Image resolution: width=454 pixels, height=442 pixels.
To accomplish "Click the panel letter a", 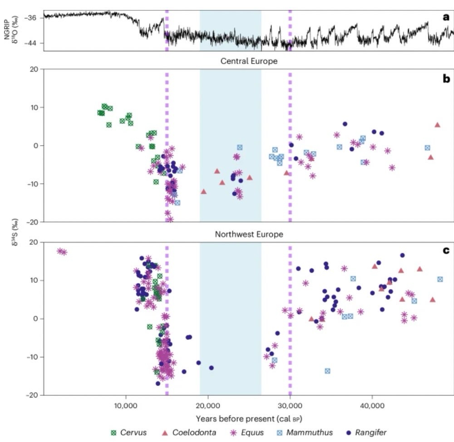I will click(445, 18).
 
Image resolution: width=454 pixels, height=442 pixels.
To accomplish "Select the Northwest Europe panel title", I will click(249, 235).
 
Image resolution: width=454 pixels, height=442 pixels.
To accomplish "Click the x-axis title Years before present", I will click(249, 416).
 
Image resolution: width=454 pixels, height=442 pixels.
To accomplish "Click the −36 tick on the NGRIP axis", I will click(36, 18).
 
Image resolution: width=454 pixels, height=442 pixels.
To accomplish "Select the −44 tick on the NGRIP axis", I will click(36, 43).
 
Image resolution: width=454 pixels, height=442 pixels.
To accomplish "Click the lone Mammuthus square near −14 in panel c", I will click(327, 371).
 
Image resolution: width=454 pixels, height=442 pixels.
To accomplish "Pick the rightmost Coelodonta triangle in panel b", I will click(438, 125).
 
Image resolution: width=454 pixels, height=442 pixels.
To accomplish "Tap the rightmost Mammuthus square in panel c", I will click(440, 279).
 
